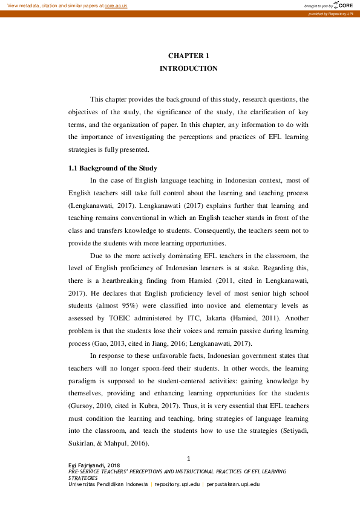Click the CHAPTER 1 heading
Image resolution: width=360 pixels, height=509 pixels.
click(188, 56)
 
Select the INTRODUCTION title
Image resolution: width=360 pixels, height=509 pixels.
click(188, 69)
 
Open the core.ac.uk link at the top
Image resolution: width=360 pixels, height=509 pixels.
click(116, 5)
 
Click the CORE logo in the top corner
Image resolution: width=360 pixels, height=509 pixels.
click(342, 5)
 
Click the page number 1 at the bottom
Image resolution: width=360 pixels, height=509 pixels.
click(189, 459)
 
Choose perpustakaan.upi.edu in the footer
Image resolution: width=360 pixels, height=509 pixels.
click(233, 484)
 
